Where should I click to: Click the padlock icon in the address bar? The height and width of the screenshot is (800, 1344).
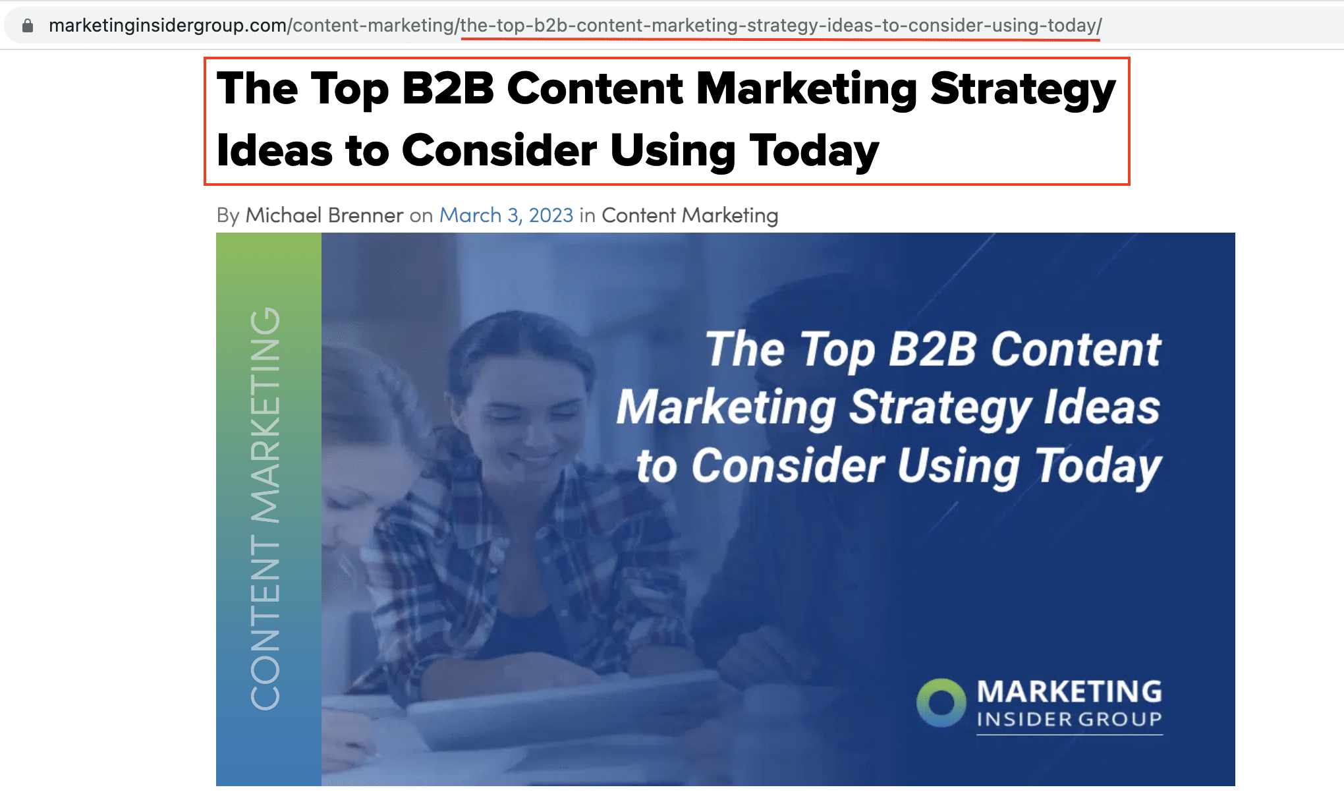(28, 26)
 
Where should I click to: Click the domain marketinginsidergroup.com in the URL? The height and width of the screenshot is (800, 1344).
(167, 26)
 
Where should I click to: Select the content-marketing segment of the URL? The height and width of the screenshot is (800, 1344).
(374, 26)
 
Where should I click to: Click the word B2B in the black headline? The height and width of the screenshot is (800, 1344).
(447, 88)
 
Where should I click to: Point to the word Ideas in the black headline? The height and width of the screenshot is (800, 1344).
(275, 150)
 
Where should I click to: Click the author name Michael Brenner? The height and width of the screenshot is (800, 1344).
(324, 215)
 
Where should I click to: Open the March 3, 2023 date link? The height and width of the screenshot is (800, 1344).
(507, 215)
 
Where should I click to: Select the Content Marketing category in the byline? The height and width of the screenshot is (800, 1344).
(690, 215)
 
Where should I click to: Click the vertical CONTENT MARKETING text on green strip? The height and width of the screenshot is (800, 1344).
(266, 509)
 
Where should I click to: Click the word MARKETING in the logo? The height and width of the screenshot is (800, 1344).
(1069, 692)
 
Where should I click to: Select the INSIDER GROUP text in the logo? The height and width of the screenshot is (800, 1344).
(1069, 719)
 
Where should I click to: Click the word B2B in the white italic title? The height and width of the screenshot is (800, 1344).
(932, 349)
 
